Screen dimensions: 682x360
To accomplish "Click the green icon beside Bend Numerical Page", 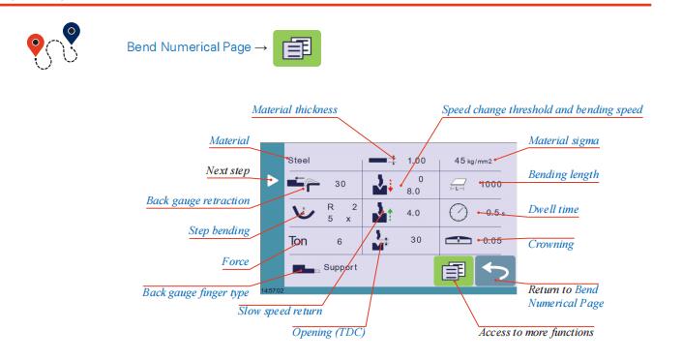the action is click(297, 48).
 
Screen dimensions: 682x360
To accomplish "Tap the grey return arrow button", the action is click(495, 271).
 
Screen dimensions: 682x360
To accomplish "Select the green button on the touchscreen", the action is click(454, 271).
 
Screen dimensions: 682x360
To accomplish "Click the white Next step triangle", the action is click(272, 180).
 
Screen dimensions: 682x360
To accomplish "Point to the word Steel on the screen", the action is click(299, 161).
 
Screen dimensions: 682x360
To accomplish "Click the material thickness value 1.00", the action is click(416, 161).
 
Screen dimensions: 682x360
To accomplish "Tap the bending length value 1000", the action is click(491, 184).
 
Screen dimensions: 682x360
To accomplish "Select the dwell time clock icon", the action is click(458, 213).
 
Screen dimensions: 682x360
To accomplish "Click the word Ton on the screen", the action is click(298, 241).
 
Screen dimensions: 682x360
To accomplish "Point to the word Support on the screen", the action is click(341, 267).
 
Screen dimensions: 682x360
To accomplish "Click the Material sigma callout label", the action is click(564, 140).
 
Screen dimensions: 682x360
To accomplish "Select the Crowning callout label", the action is click(550, 244).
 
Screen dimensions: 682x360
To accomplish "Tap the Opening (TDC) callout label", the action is click(328, 332).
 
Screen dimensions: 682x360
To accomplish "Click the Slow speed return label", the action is click(281, 311).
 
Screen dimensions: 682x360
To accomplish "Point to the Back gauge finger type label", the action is click(195, 292).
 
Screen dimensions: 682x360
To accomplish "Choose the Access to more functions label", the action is click(536, 332).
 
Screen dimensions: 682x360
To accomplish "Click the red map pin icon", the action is click(36, 45).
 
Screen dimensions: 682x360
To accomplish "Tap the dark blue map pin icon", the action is click(72, 33).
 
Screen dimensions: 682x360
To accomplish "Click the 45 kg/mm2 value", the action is click(473, 161).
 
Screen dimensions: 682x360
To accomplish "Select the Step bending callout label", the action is click(220, 230).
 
